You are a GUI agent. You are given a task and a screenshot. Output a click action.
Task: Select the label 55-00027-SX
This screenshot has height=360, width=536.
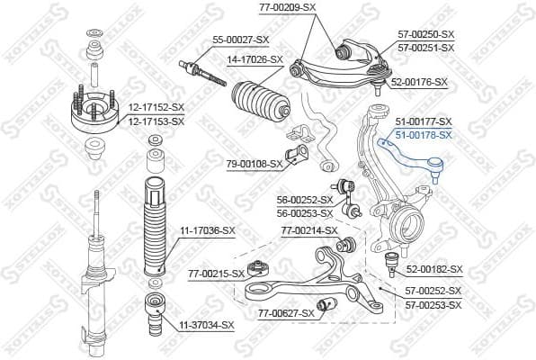click(x=240, y=40)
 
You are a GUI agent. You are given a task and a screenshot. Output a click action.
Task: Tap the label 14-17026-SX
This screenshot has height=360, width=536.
click(x=255, y=59)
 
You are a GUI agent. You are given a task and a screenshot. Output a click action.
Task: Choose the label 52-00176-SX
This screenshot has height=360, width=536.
click(x=418, y=82)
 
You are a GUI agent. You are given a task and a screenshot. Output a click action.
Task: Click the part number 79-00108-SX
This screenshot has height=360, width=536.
click(x=254, y=164)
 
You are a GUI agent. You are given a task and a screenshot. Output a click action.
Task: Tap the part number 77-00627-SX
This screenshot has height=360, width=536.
click(x=287, y=313)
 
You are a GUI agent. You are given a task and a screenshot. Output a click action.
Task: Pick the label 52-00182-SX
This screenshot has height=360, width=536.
click(x=433, y=269)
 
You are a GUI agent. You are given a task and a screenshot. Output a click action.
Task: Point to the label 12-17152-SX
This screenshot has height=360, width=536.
click(x=155, y=107)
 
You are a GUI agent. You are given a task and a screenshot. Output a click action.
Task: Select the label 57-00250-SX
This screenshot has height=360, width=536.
click(x=425, y=33)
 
